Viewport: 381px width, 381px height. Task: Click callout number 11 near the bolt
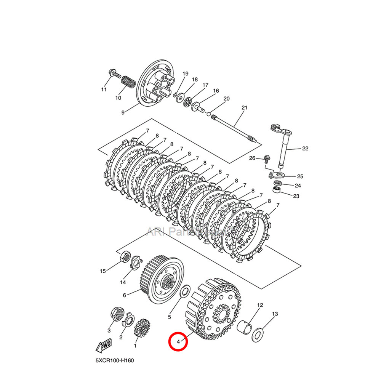[104, 90]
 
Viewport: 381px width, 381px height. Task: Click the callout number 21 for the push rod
[244, 108]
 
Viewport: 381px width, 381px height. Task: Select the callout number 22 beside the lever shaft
[305, 149]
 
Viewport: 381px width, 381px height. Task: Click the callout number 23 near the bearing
[296, 196]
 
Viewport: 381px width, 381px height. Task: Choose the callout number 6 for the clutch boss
[124, 295]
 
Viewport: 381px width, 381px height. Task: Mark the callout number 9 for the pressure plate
[123, 112]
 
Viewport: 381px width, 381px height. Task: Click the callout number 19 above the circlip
[185, 74]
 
